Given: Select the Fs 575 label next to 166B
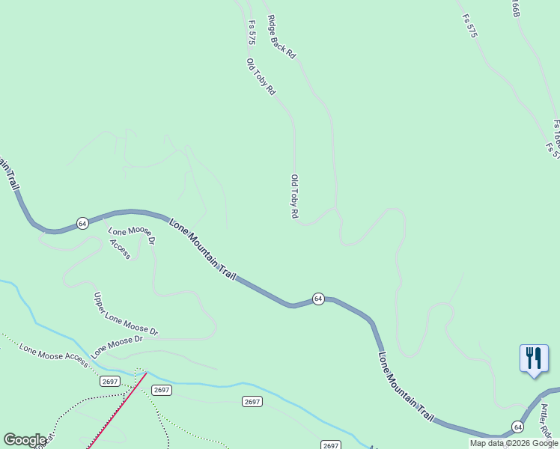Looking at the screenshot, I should coord(469,25).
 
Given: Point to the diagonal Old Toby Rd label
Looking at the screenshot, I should coord(261,77).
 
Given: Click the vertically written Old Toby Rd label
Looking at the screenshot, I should coord(294,197).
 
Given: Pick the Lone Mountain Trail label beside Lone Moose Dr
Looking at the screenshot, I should coord(203,250).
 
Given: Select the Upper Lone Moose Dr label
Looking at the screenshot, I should coord(125,314).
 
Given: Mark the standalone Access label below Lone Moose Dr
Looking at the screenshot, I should coord(120,249).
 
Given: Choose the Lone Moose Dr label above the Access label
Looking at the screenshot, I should coord(132,236).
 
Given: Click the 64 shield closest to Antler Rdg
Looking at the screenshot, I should coord(517,427).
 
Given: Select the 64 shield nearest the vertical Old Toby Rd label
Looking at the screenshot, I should coord(318,299).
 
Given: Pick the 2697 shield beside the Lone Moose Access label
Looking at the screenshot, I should coord(109,381).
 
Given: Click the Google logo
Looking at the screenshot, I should coord(25,440).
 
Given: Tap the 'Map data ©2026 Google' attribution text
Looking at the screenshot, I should coord(514,443).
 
